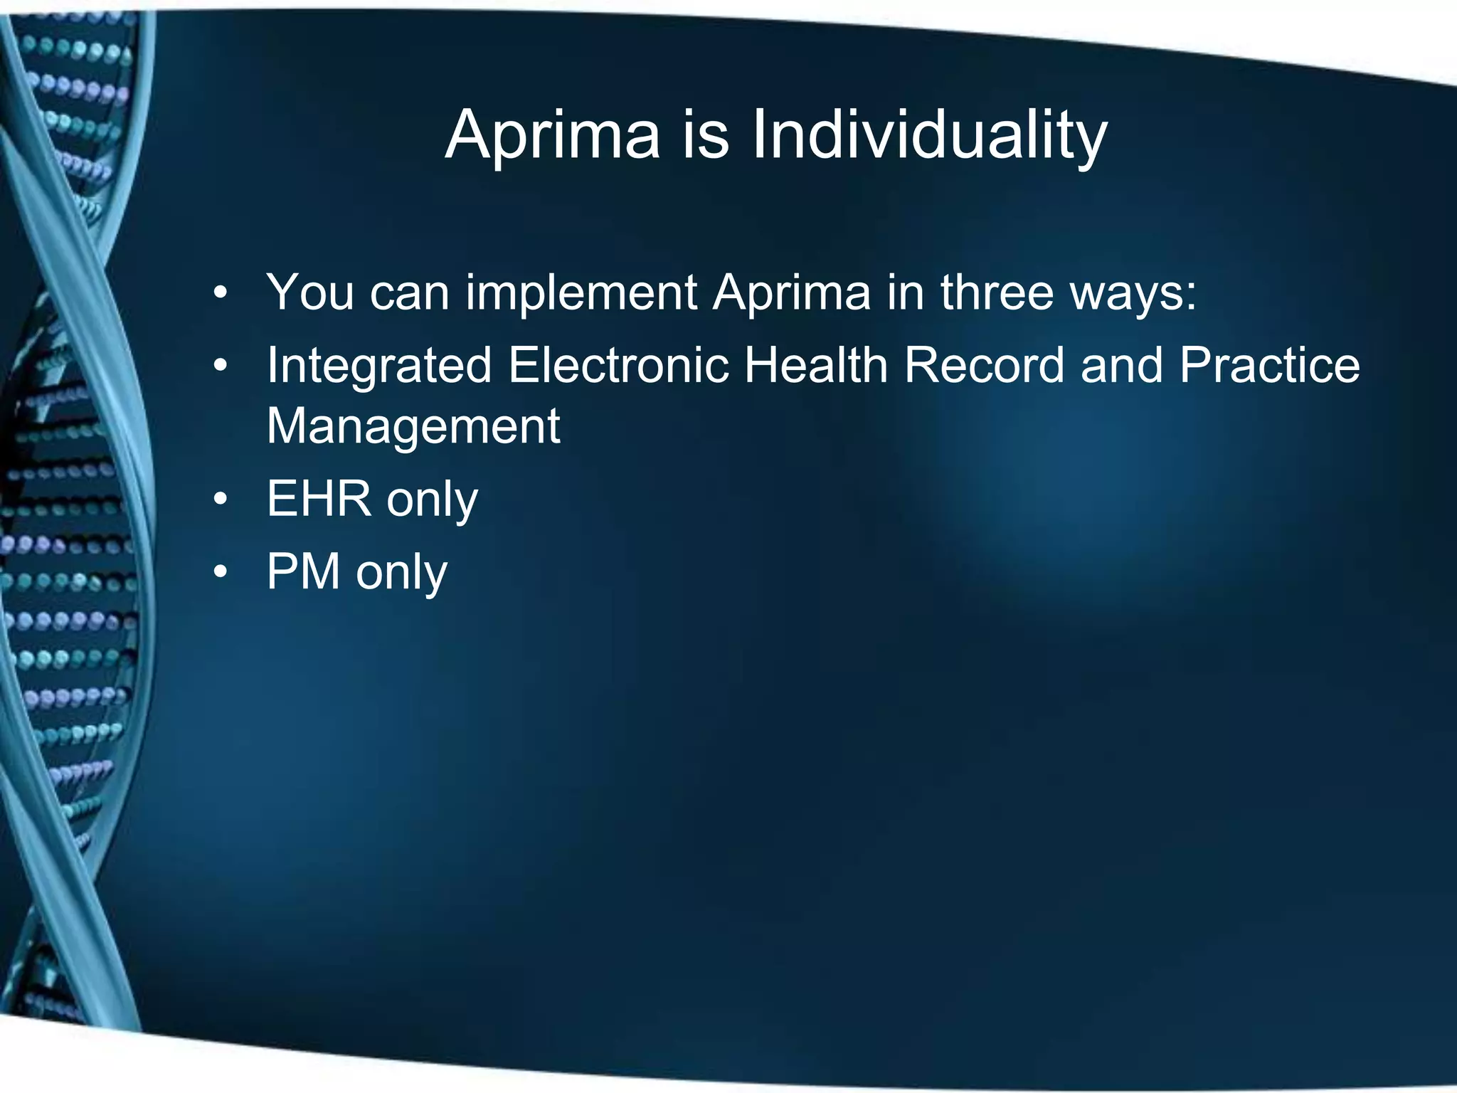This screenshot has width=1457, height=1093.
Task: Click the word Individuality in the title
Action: click(929, 135)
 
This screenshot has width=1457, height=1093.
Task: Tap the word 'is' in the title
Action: click(705, 135)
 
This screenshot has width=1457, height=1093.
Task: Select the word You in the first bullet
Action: click(310, 292)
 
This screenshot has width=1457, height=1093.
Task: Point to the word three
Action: click(996, 292)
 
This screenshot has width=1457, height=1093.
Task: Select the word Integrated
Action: click(379, 366)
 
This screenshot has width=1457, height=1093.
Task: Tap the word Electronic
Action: click(619, 364)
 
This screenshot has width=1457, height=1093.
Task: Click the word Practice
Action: click(1269, 364)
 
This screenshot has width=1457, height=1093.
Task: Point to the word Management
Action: click(413, 426)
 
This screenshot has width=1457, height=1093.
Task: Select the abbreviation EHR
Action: click(319, 499)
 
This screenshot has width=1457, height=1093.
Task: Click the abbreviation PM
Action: click(303, 571)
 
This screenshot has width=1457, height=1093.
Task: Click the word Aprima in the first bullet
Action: click(792, 292)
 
